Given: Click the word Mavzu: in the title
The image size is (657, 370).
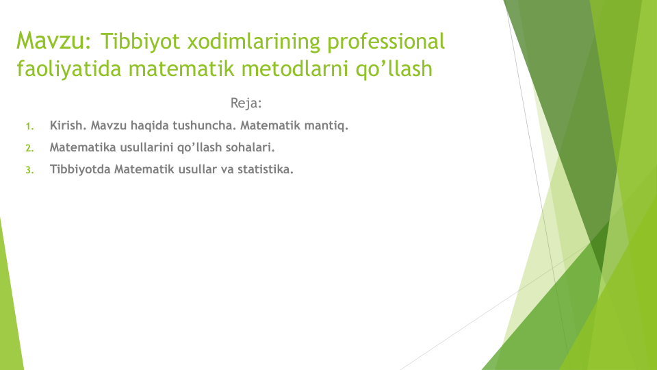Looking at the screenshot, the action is [53, 40].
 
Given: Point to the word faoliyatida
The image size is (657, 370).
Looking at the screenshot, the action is [68, 69].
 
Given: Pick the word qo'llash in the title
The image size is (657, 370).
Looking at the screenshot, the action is [394, 69].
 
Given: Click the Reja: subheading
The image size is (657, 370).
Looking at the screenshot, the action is [246, 103].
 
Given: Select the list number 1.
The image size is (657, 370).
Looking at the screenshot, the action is [29, 126].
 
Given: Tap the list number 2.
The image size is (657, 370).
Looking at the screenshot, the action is [29, 148].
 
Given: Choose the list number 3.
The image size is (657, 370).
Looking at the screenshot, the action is [29, 170].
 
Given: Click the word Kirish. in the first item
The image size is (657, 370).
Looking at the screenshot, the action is [68, 125].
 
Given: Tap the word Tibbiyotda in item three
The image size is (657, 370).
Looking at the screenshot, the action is [80, 169].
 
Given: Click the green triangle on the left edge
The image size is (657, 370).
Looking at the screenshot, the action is [9, 310].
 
